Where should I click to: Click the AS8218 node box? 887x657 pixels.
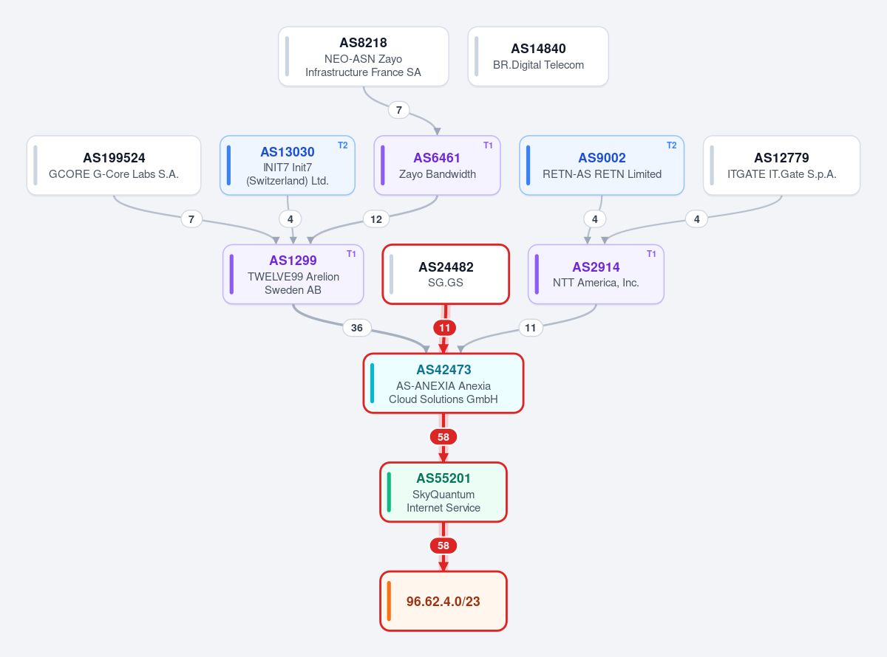[x=363, y=56]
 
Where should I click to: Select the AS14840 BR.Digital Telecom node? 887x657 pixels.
[x=538, y=56]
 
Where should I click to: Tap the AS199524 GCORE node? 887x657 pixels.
[x=114, y=165]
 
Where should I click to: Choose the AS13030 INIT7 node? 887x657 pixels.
[x=287, y=165]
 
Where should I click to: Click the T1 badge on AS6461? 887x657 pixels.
[x=488, y=145]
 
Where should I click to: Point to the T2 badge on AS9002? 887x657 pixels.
[x=671, y=145]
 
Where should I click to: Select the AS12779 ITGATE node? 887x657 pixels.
[x=781, y=165]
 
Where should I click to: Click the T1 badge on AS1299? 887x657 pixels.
[x=351, y=254]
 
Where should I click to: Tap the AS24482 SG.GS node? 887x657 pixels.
[x=446, y=275]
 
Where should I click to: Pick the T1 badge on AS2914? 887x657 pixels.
[x=651, y=254]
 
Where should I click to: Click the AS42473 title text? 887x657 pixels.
[x=443, y=369]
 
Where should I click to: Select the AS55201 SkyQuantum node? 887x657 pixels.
[x=443, y=492]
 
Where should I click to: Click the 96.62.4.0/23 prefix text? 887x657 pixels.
[x=443, y=601]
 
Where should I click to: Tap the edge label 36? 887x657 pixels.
[x=357, y=328]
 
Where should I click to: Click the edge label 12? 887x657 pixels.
[x=376, y=219]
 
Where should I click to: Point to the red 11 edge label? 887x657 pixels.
[x=444, y=328]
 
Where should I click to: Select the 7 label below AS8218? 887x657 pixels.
[x=398, y=110]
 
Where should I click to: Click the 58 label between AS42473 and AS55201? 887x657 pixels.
[x=443, y=437]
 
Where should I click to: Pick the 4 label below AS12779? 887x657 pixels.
[x=696, y=219]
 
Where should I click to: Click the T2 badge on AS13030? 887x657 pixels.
[x=343, y=145]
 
